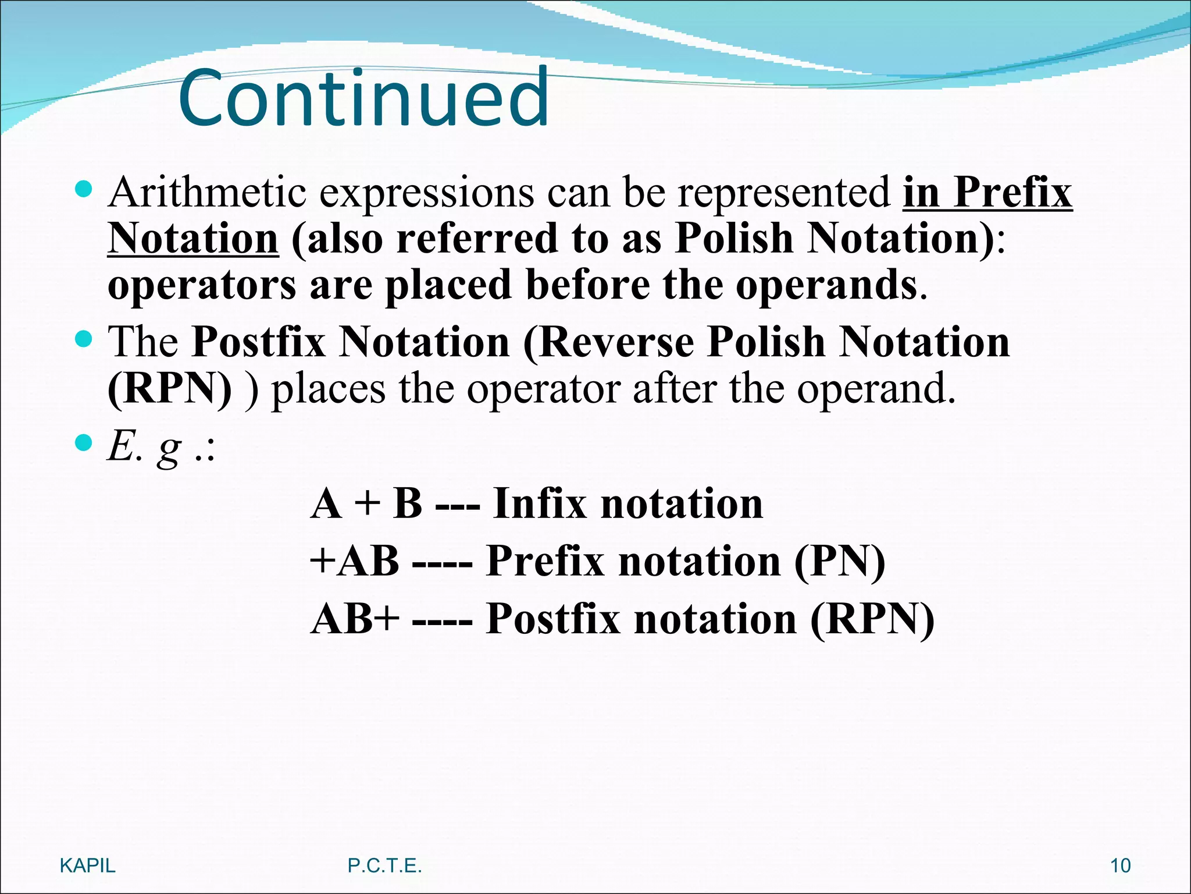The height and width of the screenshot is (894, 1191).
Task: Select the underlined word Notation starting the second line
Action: [x=193, y=239]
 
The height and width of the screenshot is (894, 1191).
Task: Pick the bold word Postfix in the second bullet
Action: [x=259, y=342]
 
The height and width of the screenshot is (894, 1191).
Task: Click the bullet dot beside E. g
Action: [x=84, y=443]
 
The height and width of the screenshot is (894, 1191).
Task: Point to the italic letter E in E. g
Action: [x=121, y=447]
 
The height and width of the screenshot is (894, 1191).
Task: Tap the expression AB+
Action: [x=355, y=618]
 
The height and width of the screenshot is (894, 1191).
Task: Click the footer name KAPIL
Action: [x=88, y=865]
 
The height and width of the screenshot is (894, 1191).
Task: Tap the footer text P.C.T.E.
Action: [x=384, y=865]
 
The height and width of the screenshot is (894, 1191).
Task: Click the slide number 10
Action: [x=1120, y=865]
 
